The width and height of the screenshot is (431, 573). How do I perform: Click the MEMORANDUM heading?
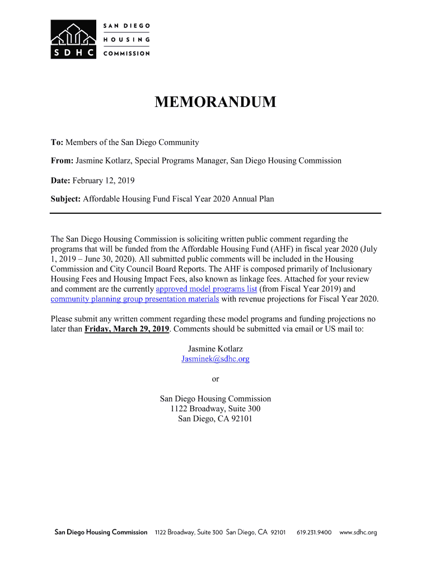(215, 102)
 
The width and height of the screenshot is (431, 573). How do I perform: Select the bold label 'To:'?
(57, 143)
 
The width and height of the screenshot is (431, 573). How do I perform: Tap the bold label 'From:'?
(62, 161)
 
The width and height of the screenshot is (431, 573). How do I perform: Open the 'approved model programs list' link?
(207, 289)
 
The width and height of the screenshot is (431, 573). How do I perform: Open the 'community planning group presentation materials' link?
(135, 299)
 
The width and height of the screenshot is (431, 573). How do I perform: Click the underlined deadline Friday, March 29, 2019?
(127, 329)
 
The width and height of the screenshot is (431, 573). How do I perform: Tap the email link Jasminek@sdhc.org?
(215, 359)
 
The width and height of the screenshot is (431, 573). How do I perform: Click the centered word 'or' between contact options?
(215, 379)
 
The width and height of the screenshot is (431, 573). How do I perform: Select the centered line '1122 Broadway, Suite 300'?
(215, 409)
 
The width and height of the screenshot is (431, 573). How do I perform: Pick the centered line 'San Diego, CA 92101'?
(215, 419)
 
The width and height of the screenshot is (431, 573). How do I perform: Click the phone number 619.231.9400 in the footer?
(314, 532)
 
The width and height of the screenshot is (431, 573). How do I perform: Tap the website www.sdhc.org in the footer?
(358, 532)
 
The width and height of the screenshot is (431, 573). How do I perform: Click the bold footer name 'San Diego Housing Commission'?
(101, 532)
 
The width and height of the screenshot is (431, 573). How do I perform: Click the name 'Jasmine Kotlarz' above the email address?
(215, 349)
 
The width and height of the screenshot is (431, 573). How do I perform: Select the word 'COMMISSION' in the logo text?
(127, 54)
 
